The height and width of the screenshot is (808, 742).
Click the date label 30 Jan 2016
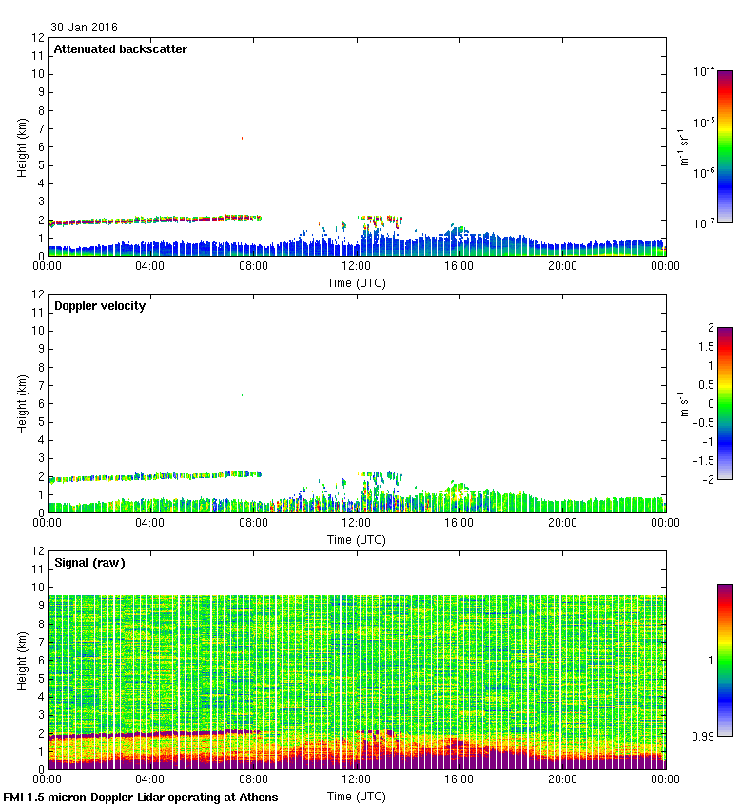coord(85,28)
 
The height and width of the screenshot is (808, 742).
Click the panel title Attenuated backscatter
coord(121,49)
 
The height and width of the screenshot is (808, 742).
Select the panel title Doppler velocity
coord(100,306)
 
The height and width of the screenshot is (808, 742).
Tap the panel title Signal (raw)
coord(89,563)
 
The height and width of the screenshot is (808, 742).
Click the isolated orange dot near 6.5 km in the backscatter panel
coord(242,138)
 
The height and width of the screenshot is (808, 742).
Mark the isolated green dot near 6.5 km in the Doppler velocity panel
coord(242,394)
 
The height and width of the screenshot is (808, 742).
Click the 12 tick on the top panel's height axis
coord(39,38)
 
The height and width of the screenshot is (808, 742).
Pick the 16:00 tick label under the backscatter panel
coord(459,267)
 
